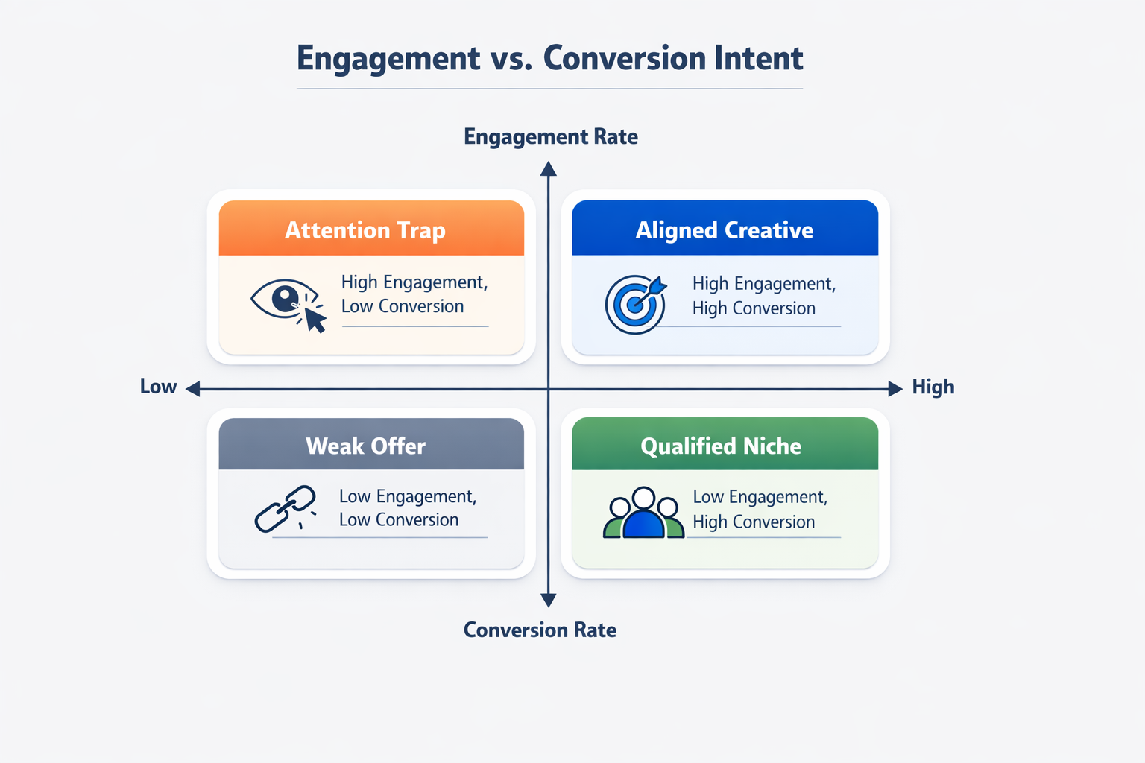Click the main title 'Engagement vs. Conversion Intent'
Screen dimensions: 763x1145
point(550,58)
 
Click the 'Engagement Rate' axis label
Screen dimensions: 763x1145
point(551,137)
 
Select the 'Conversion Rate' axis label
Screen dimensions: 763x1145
point(540,630)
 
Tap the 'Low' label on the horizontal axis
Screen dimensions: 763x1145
point(158,387)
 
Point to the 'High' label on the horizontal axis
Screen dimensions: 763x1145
point(933,387)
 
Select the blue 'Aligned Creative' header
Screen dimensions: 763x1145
point(725,229)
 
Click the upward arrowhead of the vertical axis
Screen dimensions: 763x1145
point(549,169)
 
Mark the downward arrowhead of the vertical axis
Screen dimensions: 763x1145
point(549,600)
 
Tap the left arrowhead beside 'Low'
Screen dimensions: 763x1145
point(193,388)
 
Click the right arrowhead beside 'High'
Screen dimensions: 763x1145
point(895,388)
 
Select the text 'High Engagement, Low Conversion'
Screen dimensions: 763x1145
point(414,294)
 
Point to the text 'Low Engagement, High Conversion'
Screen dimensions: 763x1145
point(760,509)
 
